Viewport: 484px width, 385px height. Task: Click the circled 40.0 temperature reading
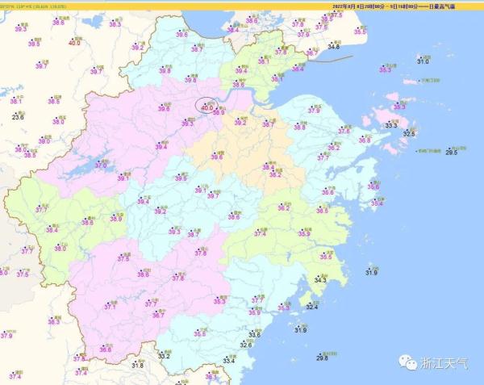pos(207,107)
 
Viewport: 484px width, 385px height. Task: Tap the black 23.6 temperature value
pos(18,118)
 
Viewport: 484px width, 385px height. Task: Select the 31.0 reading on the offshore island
pos(423,61)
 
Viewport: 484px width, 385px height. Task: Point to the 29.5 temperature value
pos(451,153)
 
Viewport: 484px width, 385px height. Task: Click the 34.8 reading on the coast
pos(333,48)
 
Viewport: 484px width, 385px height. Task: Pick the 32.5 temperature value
pos(410,133)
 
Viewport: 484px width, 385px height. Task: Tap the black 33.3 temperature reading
pos(390,125)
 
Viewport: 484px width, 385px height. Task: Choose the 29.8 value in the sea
pos(322,358)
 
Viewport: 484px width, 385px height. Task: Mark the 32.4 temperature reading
pos(311,307)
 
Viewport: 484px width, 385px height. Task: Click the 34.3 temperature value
pos(320,280)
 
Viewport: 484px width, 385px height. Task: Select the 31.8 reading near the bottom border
pos(137,366)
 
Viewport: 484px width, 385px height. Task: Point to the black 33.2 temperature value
pos(164,355)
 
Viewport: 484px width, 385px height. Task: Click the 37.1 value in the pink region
pos(110,307)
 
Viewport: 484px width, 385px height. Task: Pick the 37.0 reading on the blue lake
pos(102,165)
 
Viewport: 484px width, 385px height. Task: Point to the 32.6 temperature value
pos(245,345)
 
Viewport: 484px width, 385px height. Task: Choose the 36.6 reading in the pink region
pos(105,349)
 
